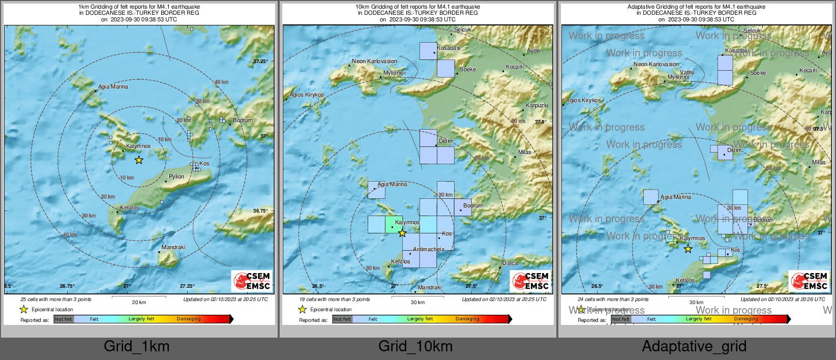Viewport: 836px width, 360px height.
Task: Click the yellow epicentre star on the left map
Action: [139, 160]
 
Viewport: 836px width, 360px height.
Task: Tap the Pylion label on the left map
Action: [176, 177]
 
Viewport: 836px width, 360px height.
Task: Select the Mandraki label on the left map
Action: [173, 248]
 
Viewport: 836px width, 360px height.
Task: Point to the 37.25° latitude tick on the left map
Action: [260, 62]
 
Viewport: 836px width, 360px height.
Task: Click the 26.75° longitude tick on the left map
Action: [67, 286]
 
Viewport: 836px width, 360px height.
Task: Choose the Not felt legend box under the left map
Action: [64, 319]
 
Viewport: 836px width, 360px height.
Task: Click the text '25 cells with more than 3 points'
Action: [56, 299]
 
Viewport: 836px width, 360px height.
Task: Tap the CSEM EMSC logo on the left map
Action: [252, 281]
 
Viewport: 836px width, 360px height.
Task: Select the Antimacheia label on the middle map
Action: [428, 250]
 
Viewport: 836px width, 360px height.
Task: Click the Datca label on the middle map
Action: [510, 263]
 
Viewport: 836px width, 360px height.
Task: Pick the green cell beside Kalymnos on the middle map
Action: [393, 224]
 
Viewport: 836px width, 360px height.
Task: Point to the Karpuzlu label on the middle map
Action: [537, 106]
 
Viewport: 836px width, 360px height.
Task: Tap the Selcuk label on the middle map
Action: [462, 30]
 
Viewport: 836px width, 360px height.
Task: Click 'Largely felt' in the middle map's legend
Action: [420, 319]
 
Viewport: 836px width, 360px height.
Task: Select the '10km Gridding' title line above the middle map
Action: [417, 7]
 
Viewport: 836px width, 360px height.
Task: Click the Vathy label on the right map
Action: [687, 73]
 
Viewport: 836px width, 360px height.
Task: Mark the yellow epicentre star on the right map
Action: [688, 249]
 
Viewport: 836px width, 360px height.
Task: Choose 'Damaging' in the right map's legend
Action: [746, 319]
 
